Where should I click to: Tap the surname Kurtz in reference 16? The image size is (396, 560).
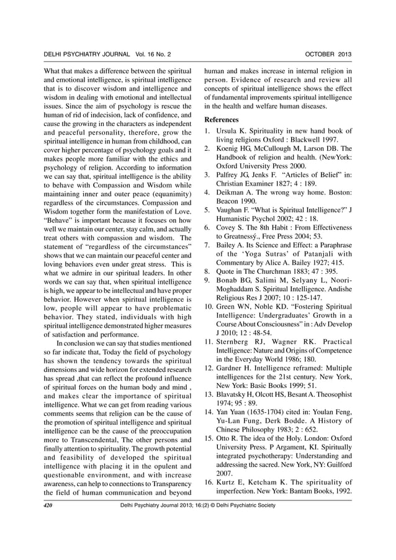point(227,481)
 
